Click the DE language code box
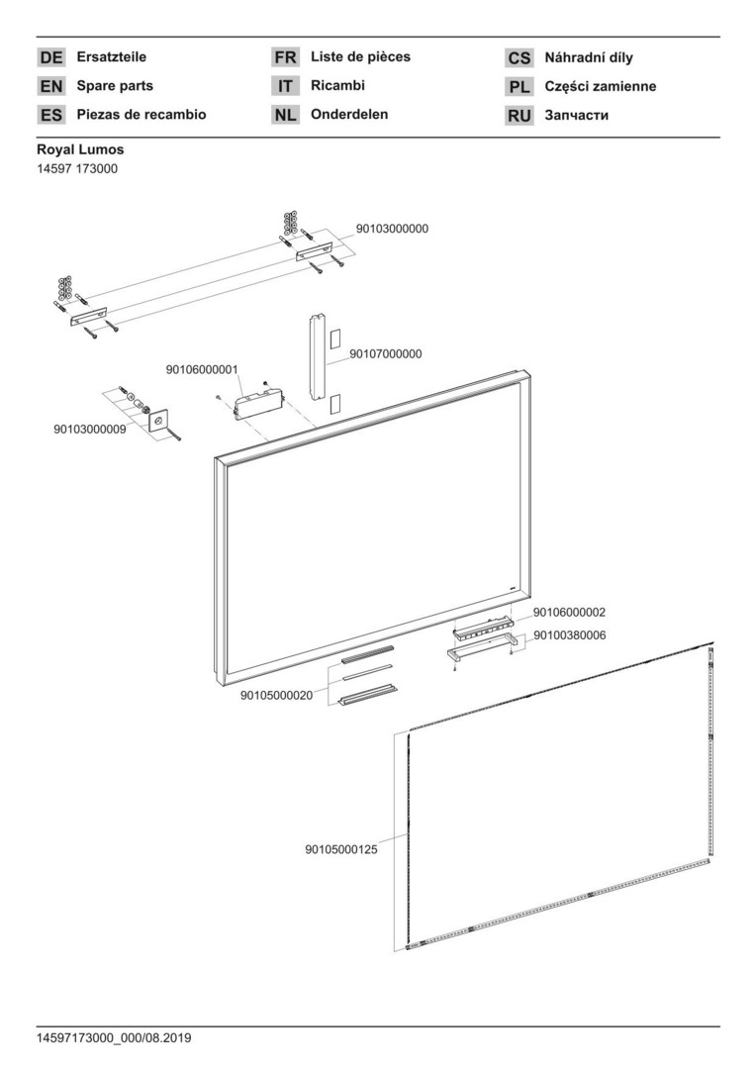[51, 57]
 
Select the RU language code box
[520, 116]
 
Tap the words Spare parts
[115, 86]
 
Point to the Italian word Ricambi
[337, 86]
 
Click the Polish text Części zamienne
[600, 87]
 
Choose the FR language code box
[285, 57]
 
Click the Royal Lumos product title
[80, 150]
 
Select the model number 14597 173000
[77, 169]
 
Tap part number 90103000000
[392, 229]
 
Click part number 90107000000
[386, 354]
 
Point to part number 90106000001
[202, 369]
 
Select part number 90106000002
[570, 614]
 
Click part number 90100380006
[570, 635]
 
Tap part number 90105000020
[276, 695]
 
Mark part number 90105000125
[340, 848]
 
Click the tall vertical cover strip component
[317, 356]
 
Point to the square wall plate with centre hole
[158, 421]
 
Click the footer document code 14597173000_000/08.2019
[114, 1038]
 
